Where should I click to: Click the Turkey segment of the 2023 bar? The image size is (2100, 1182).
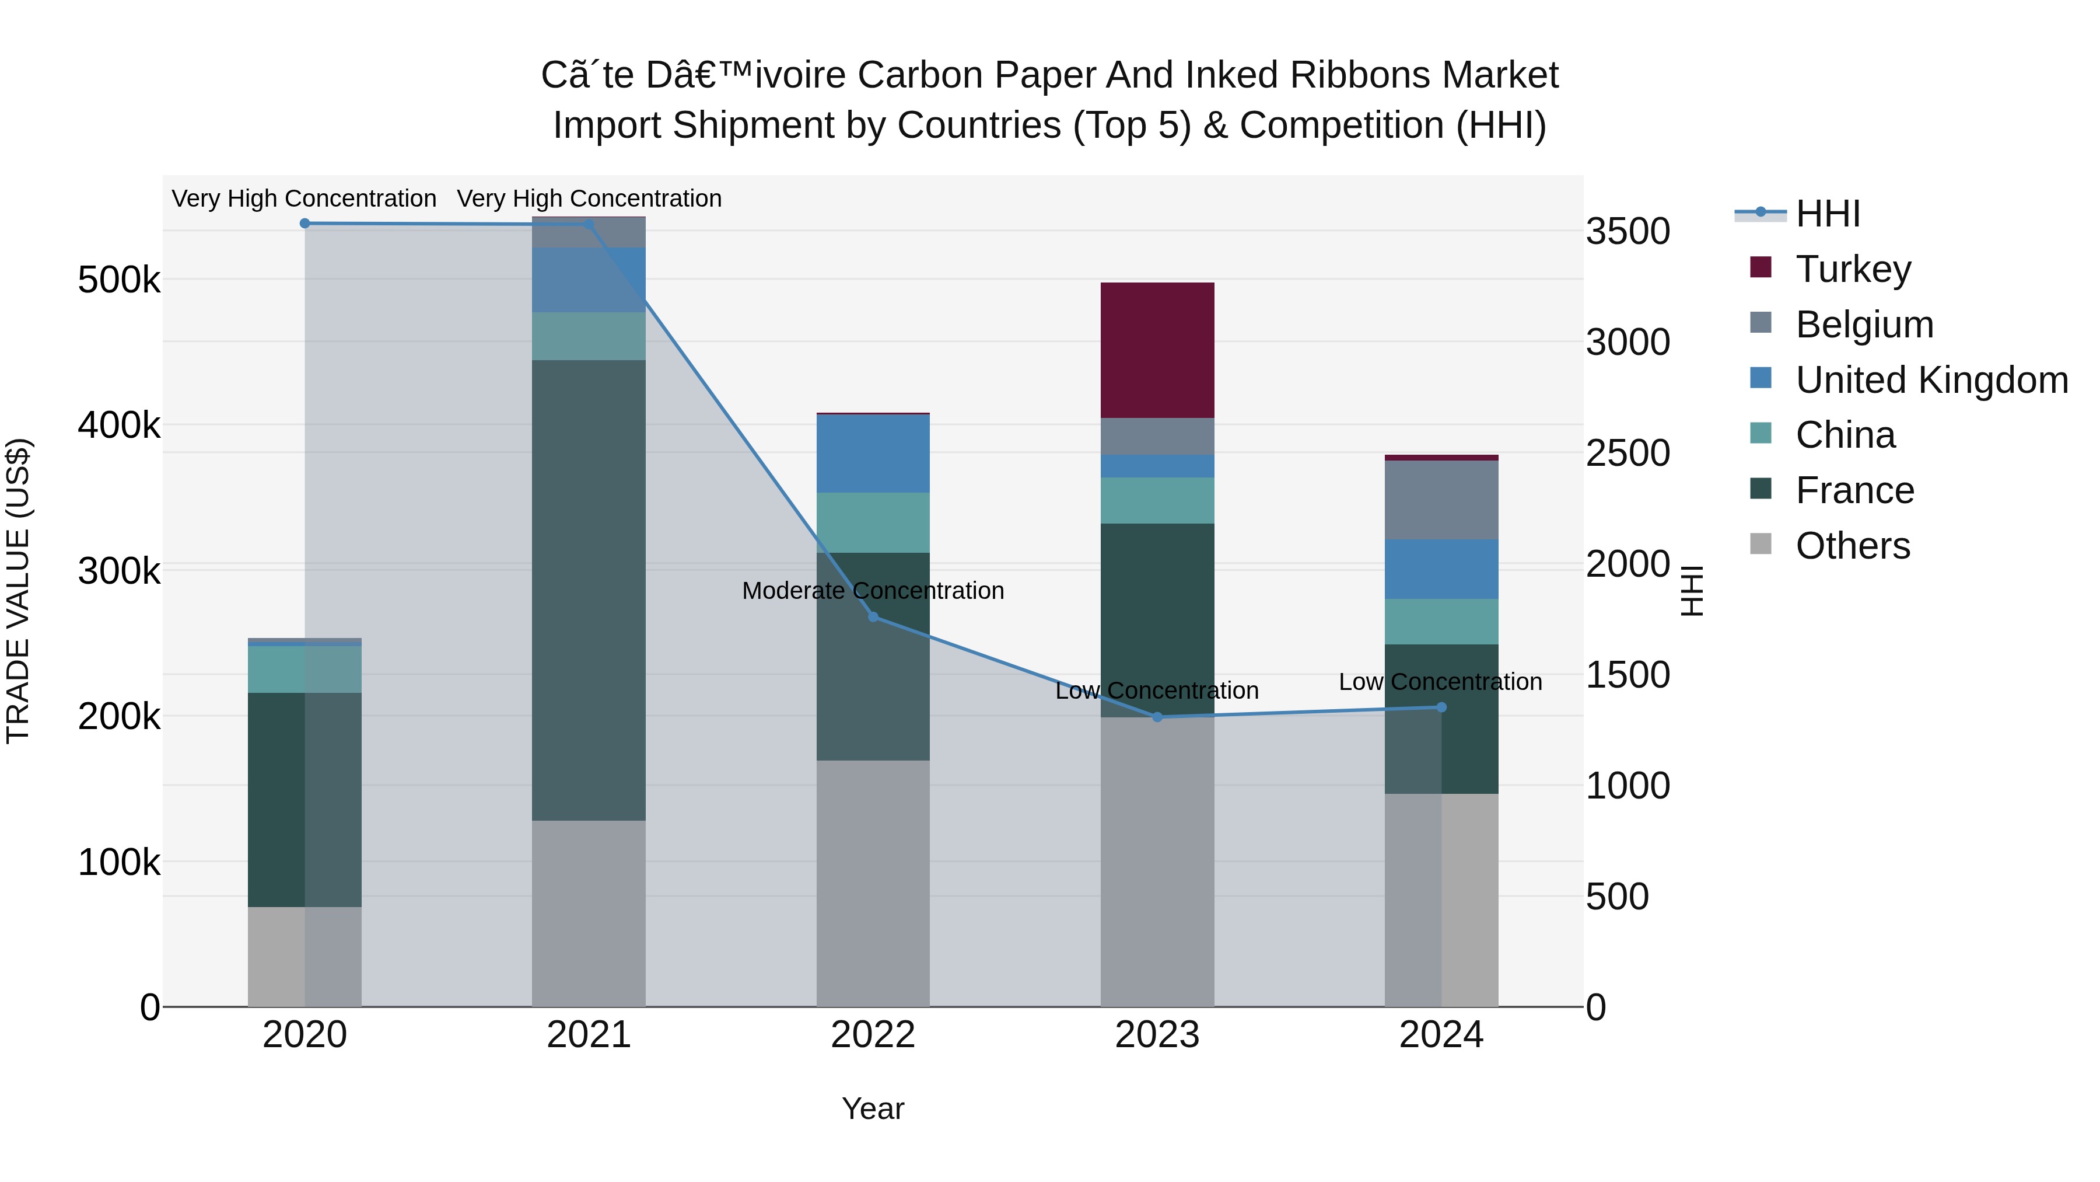pyautogui.click(x=1157, y=350)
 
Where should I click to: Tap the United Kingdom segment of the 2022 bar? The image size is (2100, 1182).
pyautogui.click(x=873, y=454)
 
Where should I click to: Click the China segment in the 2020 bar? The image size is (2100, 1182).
pyautogui.click(x=304, y=669)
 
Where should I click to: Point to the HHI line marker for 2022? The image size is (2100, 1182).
pyautogui.click(x=873, y=617)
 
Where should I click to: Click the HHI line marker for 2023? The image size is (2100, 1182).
pyautogui.click(x=1157, y=717)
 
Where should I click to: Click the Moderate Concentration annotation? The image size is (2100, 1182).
pyautogui.click(x=873, y=591)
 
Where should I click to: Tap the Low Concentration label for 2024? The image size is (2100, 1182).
pyautogui.click(x=1440, y=682)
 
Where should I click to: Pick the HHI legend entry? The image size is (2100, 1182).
pyautogui.click(x=1827, y=214)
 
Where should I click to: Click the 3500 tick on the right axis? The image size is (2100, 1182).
pyautogui.click(x=1627, y=232)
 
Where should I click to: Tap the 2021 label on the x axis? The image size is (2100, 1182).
pyautogui.click(x=589, y=1035)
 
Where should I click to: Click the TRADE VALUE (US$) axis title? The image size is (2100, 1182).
pyautogui.click(x=19, y=591)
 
